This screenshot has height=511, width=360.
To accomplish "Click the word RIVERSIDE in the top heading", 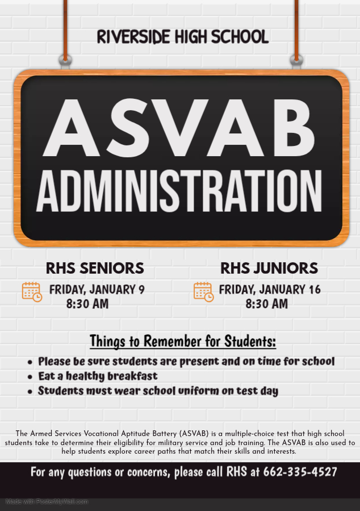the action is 133,37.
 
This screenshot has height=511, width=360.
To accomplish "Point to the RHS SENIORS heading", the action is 95,268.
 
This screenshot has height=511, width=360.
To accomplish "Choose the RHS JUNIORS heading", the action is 269,268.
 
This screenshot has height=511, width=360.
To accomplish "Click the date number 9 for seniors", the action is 141,290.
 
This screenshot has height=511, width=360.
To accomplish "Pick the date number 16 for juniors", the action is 315,290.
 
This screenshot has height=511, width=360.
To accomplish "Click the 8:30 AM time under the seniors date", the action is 87,304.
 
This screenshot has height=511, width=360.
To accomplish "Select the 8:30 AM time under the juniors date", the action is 267,304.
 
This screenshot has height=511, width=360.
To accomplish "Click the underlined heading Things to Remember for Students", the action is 183,341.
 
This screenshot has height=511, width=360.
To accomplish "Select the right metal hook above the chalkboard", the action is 296,59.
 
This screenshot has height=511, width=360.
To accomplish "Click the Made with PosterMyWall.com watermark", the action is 47,501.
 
